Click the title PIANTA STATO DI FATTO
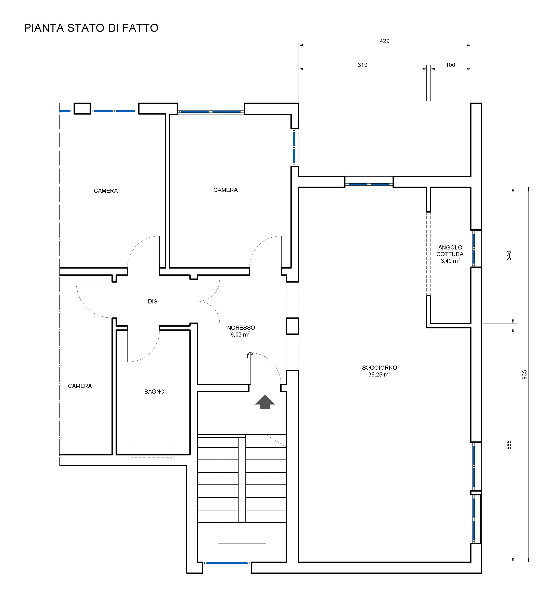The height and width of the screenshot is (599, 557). [x=91, y=28]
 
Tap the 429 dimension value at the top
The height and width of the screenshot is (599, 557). [x=385, y=41]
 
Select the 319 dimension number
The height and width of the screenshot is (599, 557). [x=363, y=65]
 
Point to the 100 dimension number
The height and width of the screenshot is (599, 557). [x=450, y=65]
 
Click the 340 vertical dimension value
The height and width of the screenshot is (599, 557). [x=509, y=255]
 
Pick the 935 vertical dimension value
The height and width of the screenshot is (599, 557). [x=524, y=374]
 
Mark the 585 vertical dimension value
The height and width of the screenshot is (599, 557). [x=509, y=445]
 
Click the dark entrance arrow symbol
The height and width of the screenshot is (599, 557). [x=265, y=402]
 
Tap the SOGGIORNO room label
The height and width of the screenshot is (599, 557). [x=379, y=368]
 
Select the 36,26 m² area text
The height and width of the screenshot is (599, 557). [x=379, y=374]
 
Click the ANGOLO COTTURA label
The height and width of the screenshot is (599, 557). [x=450, y=251]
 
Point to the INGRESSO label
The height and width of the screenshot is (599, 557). [x=240, y=328]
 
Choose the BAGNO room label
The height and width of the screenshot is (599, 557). [x=154, y=391]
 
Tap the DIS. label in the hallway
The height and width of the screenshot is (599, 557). [x=153, y=301]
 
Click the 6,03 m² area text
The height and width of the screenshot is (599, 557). [x=240, y=334]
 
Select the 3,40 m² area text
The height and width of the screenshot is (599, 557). [x=450, y=260]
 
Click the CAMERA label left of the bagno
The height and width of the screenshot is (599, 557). [x=80, y=386]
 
